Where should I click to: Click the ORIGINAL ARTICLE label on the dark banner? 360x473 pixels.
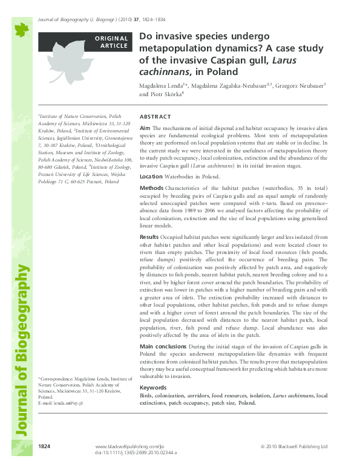click(111, 41)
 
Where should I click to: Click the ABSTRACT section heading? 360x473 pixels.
click(155, 116)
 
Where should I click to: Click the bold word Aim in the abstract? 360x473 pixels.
click(145, 129)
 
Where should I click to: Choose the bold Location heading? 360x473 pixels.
click(151, 177)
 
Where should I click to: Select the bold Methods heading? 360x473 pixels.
click(151, 189)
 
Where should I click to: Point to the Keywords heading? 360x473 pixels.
click(152, 387)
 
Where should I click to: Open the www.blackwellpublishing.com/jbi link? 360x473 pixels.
click(130, 446)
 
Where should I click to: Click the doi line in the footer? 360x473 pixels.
click(137, 452)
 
